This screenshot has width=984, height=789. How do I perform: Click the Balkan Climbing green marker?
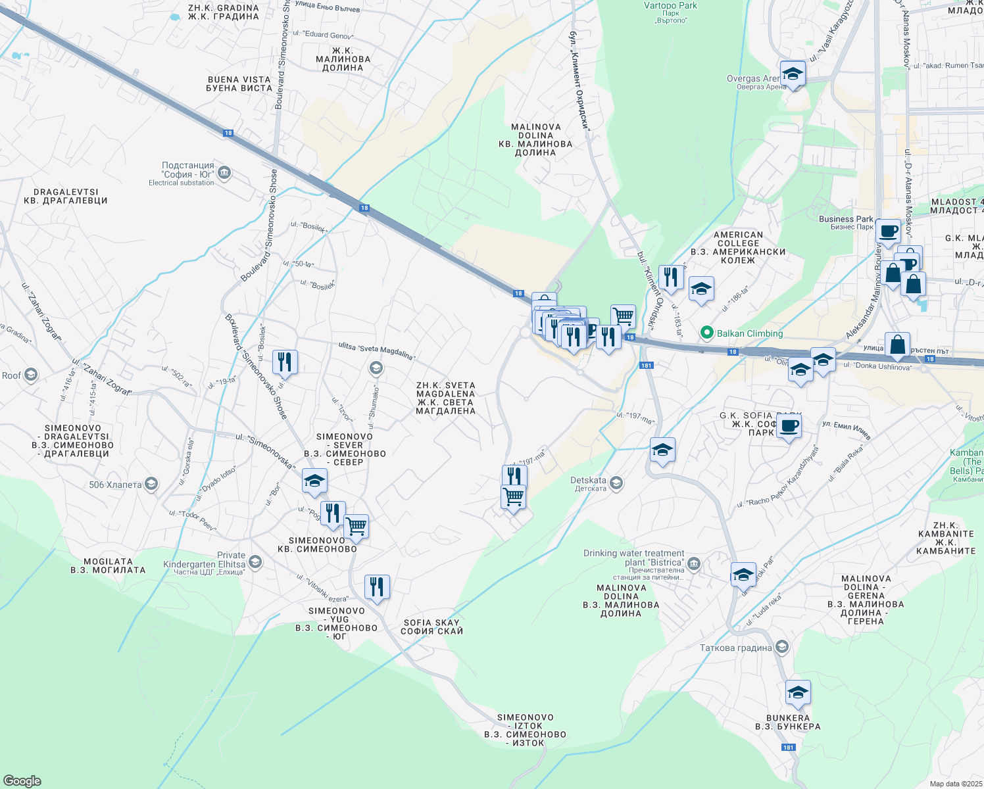[x=707, y=333]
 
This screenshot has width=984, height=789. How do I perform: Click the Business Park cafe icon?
[x=887, y=232]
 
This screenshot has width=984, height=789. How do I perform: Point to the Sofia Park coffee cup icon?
[x=789, y=426]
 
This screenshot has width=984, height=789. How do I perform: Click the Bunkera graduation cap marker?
[x=797, y=693]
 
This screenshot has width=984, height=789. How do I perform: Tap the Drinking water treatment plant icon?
[x=694, y=563]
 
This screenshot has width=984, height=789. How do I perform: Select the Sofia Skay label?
[x=431, y=627]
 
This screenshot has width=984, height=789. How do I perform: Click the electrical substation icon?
[x=224, y=173]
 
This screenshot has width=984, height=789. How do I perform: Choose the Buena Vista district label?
[x=239, y=84]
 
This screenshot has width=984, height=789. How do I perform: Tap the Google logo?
[x=22, y=780]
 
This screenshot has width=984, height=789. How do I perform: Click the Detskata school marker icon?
[x=616, y=484]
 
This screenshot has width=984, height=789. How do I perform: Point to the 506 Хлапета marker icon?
[x=151, y=485]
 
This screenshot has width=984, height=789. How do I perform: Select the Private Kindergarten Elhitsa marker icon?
[x=255, y=562]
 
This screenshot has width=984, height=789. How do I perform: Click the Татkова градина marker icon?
[x=781, y=647]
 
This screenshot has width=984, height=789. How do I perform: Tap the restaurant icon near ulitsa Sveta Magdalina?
[x=284, y=362]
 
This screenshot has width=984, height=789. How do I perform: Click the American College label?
[x=738, y=247]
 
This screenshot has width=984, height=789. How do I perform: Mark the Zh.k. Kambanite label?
[x=946, y=538]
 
